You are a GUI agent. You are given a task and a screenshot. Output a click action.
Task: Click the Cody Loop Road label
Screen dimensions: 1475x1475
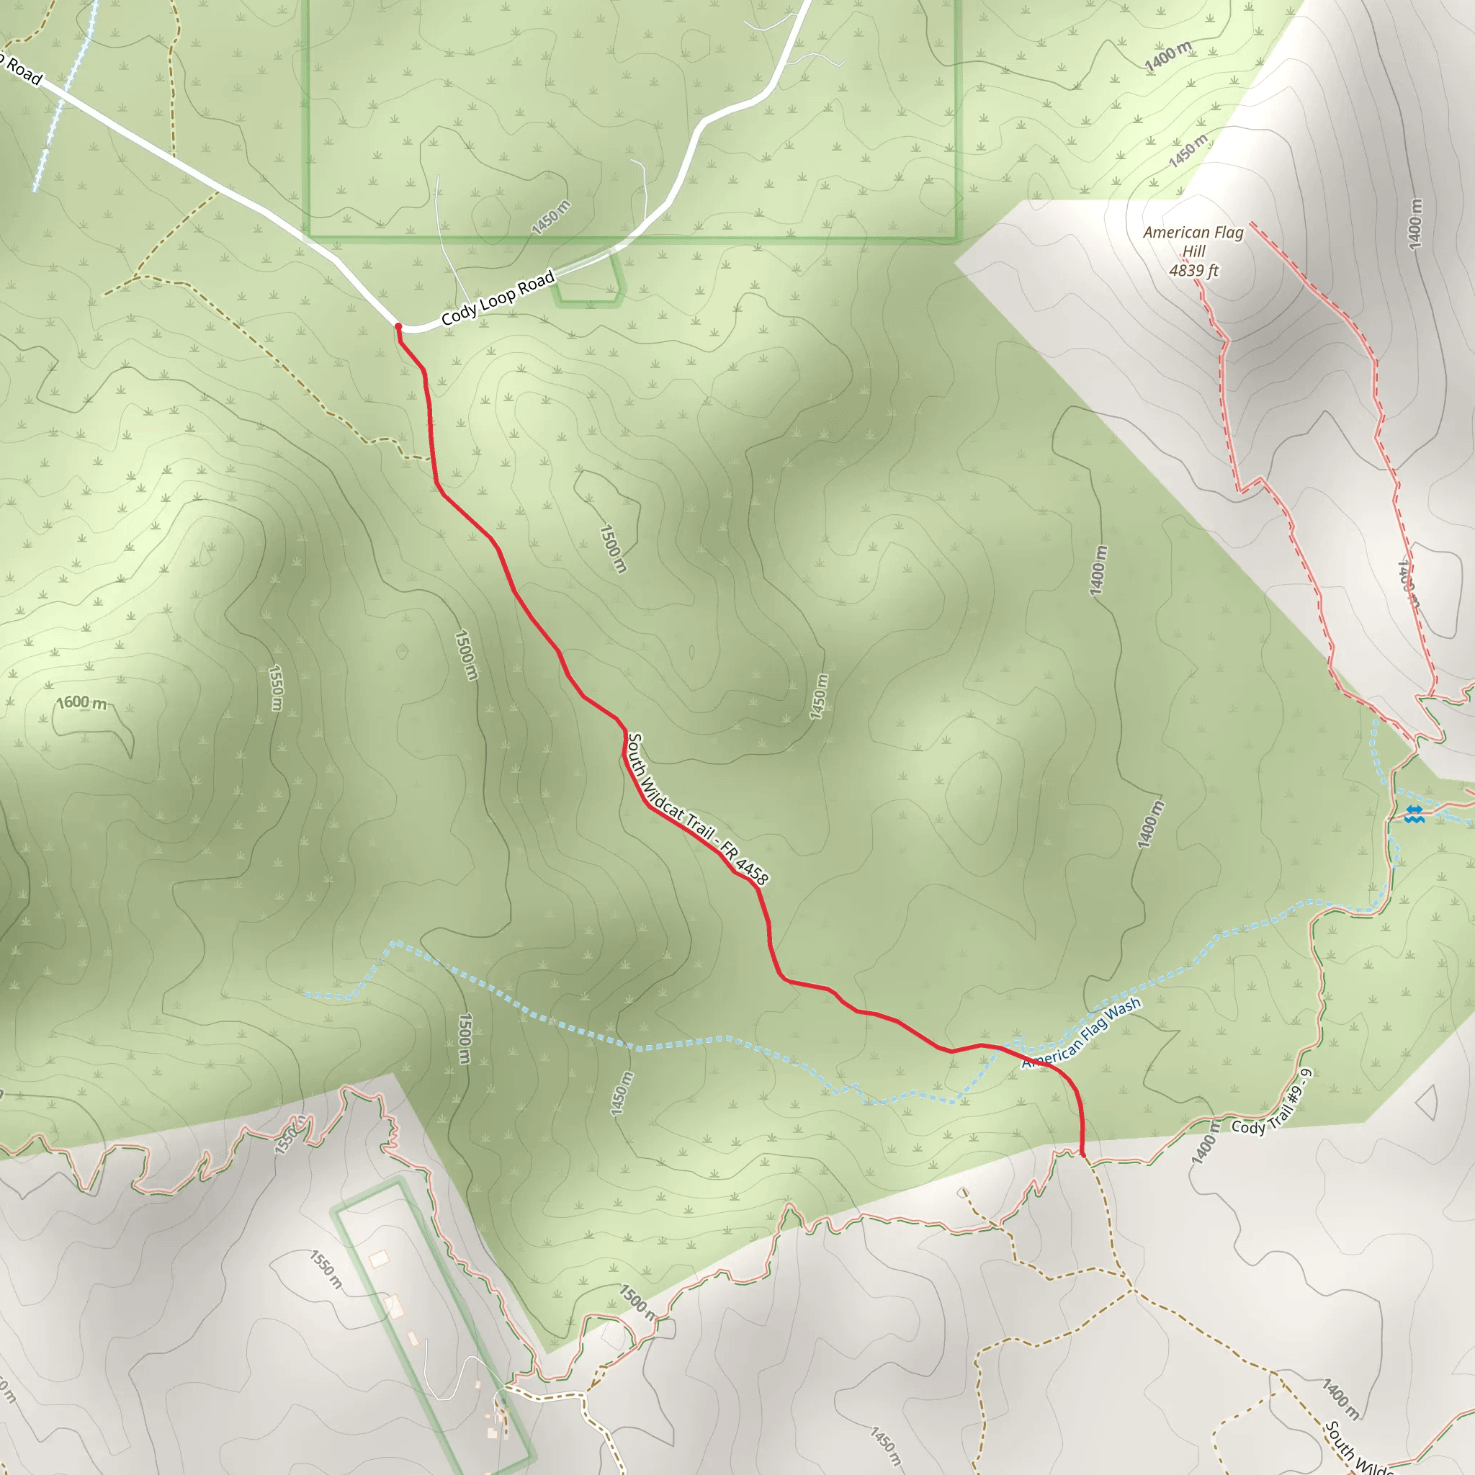click(x=497, y=298)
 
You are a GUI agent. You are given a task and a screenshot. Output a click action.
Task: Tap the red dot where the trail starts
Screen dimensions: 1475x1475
click(x=398, y=327)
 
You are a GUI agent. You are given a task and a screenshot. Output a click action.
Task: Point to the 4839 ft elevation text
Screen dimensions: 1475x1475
click(x=1193, y=270)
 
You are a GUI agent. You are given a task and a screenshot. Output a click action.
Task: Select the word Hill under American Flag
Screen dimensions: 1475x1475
click(x=1193, y=251)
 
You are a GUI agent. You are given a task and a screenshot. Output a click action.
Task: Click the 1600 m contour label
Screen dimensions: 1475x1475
click(x=82, y=701)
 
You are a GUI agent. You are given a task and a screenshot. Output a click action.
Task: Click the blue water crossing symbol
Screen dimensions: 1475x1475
click(x=1414, y=814)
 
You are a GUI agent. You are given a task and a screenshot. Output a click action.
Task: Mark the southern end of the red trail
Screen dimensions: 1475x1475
click(x=1082, y=1154)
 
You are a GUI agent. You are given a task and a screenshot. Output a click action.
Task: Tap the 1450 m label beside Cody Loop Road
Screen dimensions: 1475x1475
click(x=550, y=218)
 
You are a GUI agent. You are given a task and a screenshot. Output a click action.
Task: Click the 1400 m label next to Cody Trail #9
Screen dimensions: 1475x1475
click(x=1204, y=1143)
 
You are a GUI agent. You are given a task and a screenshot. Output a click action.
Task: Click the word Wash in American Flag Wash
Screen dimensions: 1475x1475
click(x=1123, y=1008)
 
